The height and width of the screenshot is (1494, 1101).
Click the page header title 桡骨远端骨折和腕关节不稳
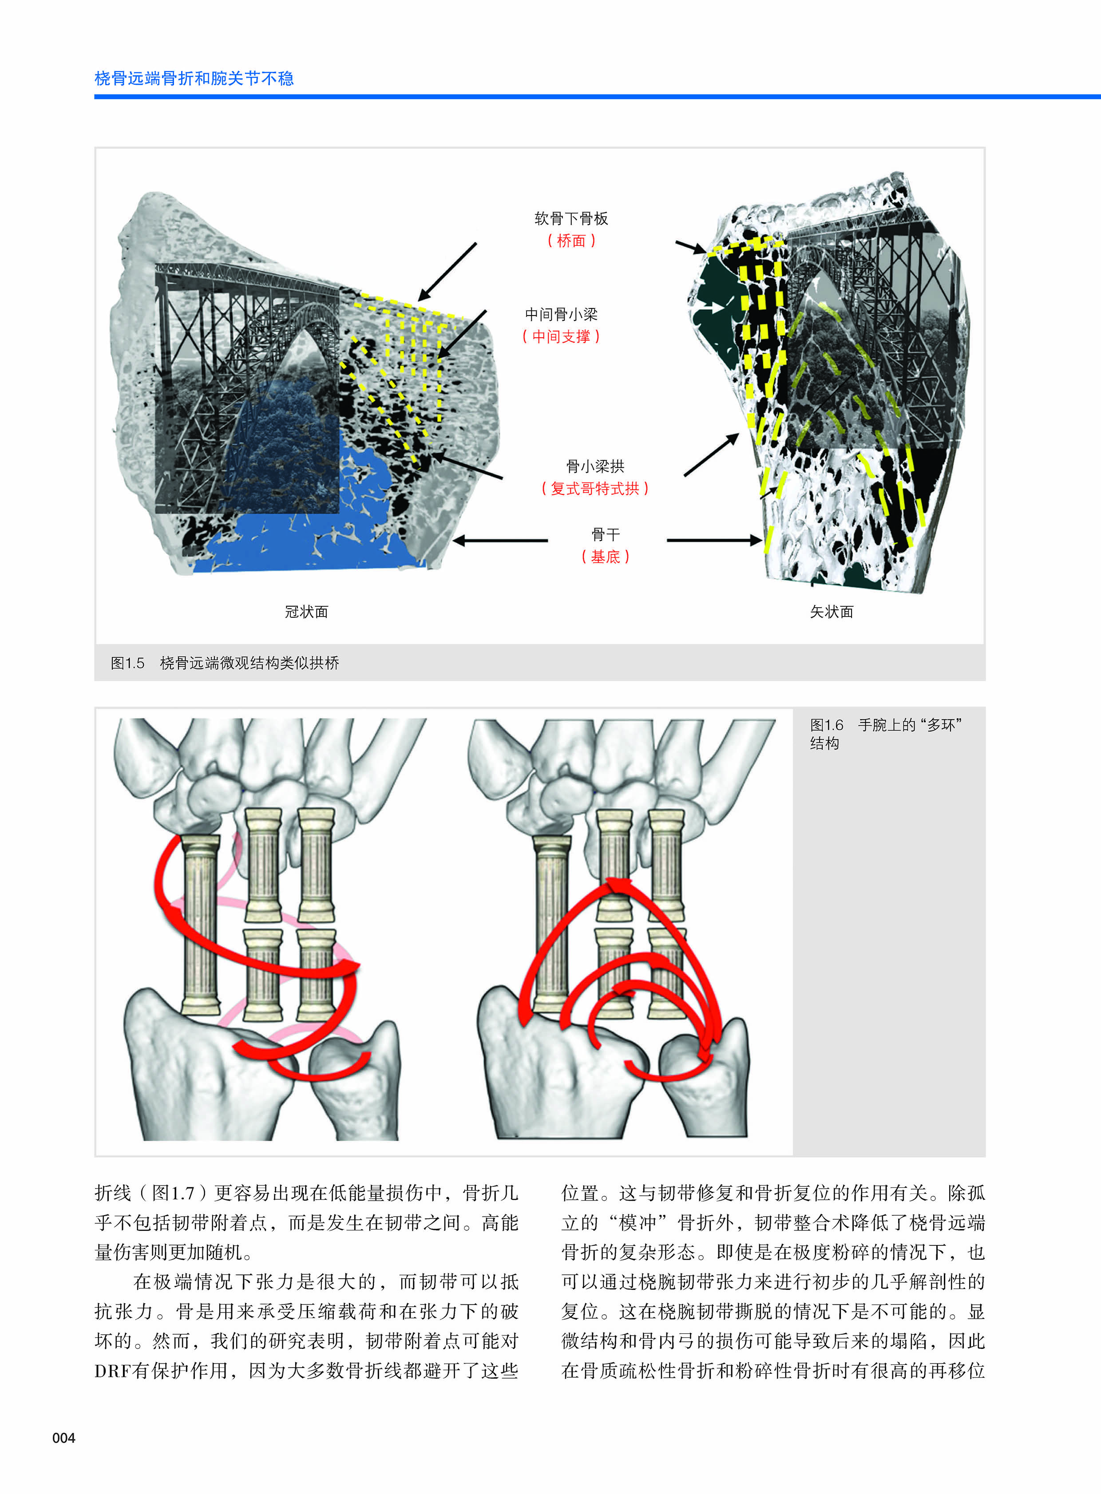pos(194,79)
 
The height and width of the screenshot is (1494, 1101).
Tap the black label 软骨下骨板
pos(571,218)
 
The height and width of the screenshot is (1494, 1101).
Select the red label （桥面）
pos(571,241)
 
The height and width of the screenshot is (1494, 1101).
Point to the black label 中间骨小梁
pos(561,315)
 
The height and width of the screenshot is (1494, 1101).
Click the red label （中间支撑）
pos(561,336)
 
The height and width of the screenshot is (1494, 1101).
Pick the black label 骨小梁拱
pos(595,466)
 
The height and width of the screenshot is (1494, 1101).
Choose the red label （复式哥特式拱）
pos(595,488)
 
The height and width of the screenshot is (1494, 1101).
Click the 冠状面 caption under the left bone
pos(307,612)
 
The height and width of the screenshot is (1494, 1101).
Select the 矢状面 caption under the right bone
pos(832,612)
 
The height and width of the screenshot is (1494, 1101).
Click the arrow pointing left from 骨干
pos(500,541)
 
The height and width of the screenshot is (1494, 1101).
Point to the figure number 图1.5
pos(127,663)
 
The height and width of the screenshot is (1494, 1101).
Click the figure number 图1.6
pos(827,725)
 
